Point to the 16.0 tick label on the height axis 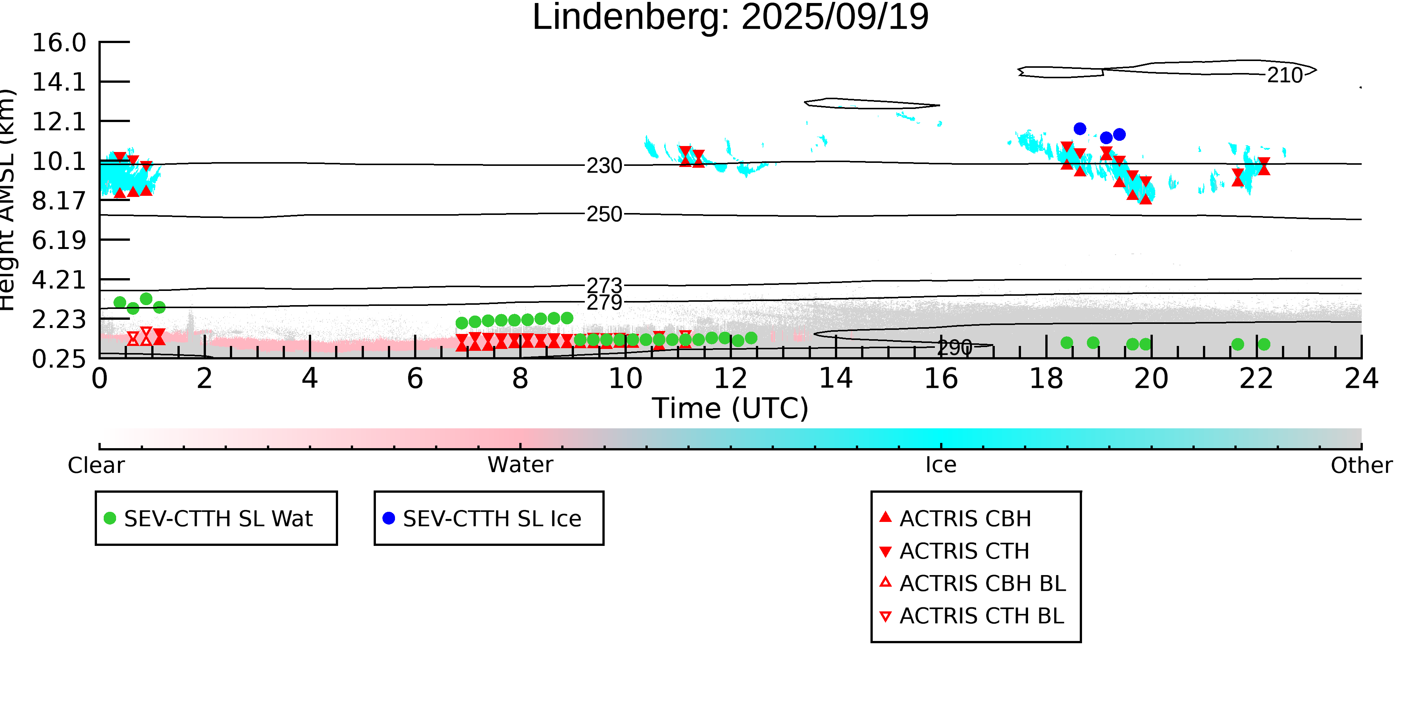[59, 43]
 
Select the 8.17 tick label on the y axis [59, 201]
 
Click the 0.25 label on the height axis [59, 359]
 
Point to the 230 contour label [604, 166]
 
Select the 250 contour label [604, 214]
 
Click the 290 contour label [954, 347]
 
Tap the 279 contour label [604, 302]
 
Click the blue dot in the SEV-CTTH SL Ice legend [389, 518]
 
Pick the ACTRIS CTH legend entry [964, 551]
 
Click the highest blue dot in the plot [1080, 129]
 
